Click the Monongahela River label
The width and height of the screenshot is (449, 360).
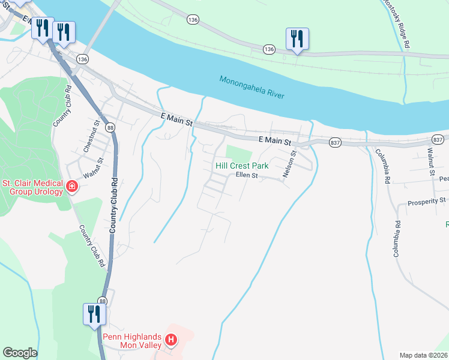[252, 88]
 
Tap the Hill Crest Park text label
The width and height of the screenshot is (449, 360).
[242, 165]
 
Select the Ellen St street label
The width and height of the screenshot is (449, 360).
[246, 176]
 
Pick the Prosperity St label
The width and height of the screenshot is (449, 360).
[427, 200]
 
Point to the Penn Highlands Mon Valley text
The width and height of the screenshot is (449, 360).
[131, 341]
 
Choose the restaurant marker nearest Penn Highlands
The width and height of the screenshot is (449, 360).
[94, 314]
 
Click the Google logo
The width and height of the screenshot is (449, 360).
[20, 353]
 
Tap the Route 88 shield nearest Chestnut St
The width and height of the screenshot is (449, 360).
[109, 128]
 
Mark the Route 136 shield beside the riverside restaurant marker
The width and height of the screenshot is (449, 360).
[268, 49]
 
